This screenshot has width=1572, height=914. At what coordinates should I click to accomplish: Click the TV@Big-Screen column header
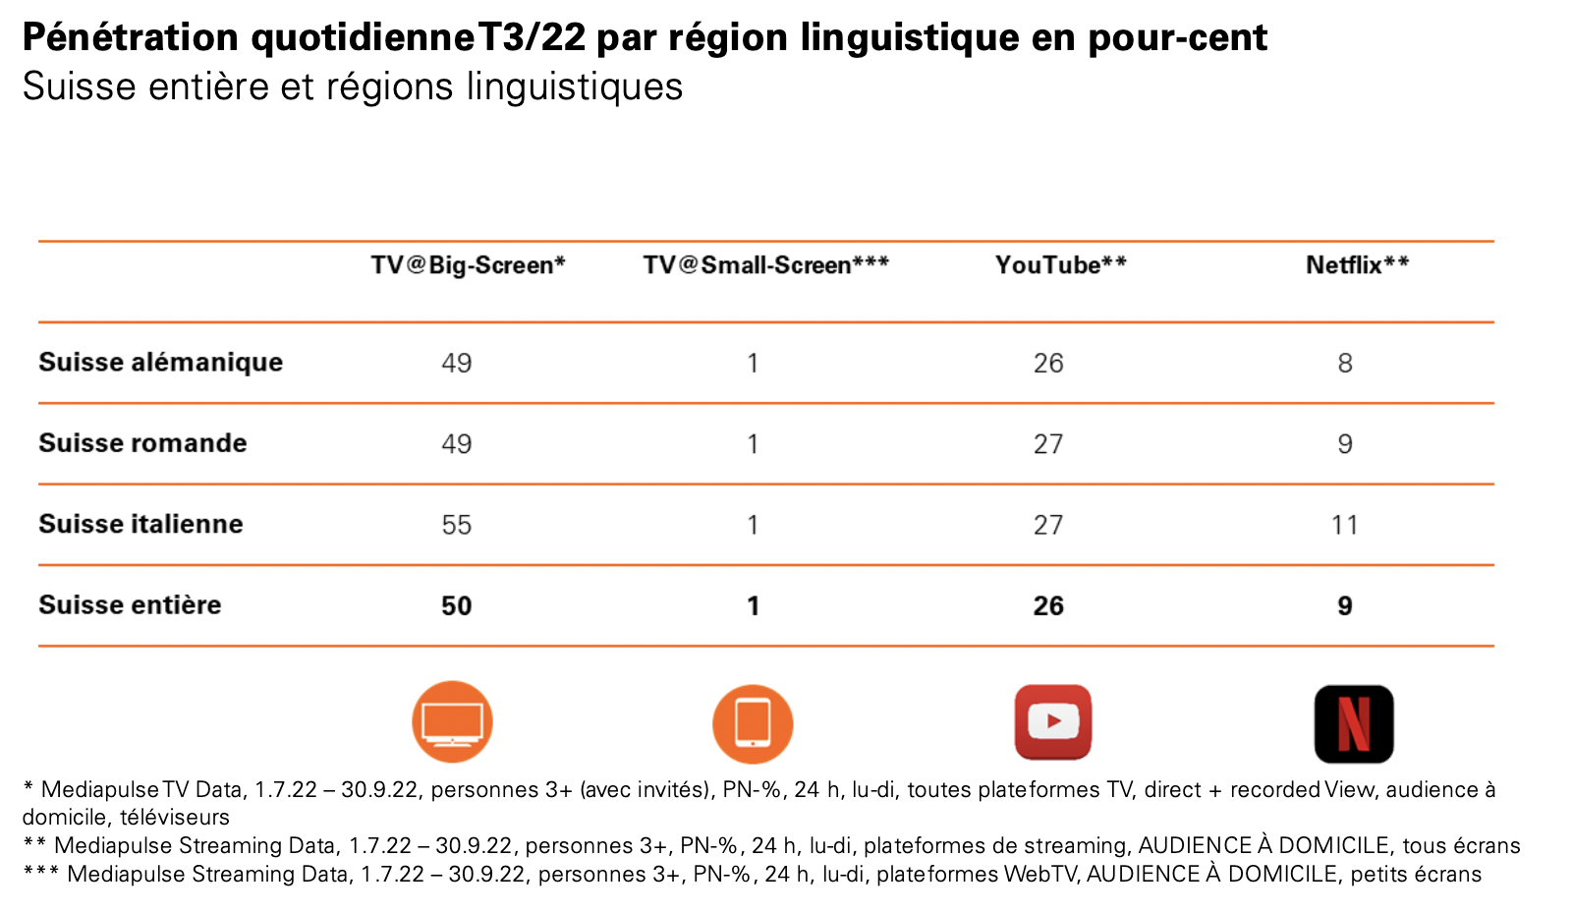(468, 265)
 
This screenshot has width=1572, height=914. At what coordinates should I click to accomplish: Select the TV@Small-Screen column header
(765, 265)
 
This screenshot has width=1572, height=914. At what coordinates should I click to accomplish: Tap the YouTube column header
(1060, 265)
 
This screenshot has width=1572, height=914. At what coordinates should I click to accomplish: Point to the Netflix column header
(1357, 265)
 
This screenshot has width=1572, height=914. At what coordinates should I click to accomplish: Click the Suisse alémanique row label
(160, 363)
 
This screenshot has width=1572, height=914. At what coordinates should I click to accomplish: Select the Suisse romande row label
(142, 443)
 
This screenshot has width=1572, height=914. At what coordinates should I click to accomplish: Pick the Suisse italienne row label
(140, 524)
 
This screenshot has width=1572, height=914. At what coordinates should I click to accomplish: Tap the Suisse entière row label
(130, 604)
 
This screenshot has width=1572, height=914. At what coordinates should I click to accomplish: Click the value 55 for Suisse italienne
(457, 525)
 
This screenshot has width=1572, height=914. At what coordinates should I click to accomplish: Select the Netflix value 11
(1344, 525)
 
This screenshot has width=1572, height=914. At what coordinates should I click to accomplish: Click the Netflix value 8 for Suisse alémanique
(1344, 364)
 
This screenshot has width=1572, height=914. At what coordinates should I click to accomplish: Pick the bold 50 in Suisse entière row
(457, 605)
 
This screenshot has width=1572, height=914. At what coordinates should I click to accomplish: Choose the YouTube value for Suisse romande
(1048, 444)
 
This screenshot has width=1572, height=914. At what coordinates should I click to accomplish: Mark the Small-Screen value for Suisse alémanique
(753, 364)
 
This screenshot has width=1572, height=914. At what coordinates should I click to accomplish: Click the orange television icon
(452, 722)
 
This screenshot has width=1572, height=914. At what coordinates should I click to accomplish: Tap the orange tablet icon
(753, 724)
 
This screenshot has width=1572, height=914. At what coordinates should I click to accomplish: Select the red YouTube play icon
(1053, 722)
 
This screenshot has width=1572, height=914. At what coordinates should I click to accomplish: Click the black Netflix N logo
(1354, 724)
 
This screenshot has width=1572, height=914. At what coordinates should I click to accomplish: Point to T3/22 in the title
(532, 37)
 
